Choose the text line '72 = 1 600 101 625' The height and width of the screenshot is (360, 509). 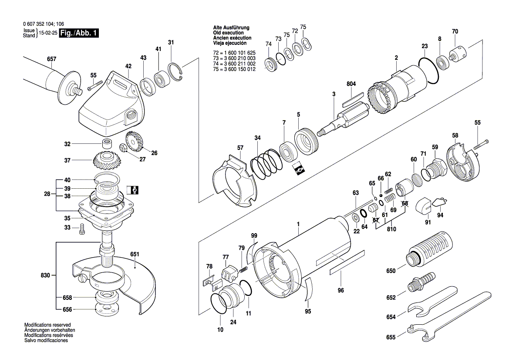[234, 53]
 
